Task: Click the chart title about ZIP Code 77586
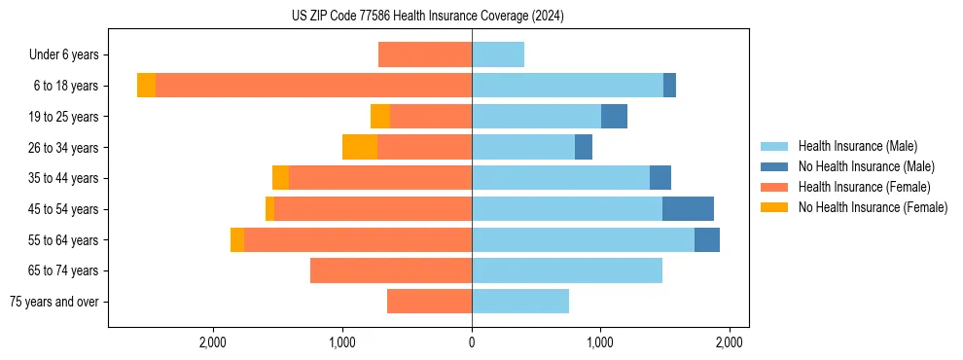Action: (427, 17)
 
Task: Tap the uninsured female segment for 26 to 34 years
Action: (360, 147)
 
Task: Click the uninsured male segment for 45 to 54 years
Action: (688, 208)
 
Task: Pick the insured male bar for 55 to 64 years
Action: (583, 239)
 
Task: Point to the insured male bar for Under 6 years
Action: (498, 54)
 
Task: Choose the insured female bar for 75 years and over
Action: (429, 302)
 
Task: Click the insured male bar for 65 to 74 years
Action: (567, 270)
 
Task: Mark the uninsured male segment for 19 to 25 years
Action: (614, 117)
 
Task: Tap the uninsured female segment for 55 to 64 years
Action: (237, 239)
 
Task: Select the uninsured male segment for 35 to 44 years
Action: (660, 178)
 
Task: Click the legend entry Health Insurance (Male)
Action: (857, 146)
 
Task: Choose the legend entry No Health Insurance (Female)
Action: (873, 207)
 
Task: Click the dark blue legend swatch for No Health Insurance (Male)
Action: (774, 166)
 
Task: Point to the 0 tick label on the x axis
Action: (472, 342)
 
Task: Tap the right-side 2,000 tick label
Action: (730, 342)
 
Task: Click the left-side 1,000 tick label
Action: (342, 342)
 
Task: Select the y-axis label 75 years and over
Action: (54, 302)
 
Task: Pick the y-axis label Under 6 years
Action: (70, 55)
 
